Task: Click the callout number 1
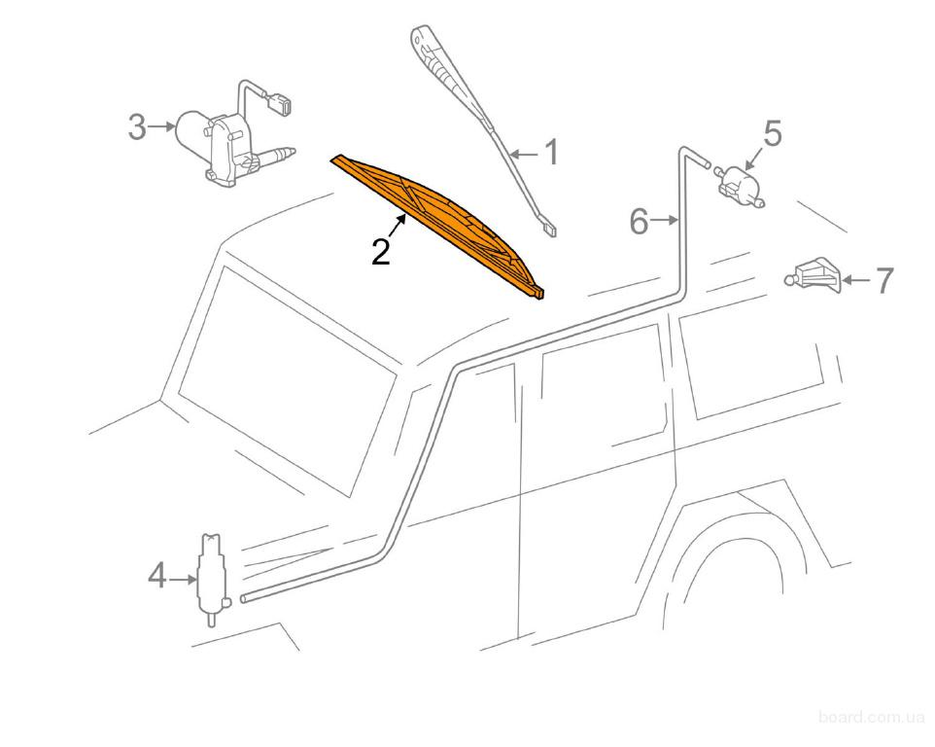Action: (553, 152)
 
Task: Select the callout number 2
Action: (381, 251)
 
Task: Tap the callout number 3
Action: (138, 127)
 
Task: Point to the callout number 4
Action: (156, 577)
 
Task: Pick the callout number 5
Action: (773, 133)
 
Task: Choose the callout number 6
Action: (639, 222)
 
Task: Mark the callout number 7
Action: (883, 280)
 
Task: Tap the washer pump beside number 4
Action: (211, 578)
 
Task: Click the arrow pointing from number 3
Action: (161, 126)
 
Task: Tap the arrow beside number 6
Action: (664, 221)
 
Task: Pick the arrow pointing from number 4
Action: (183, 578)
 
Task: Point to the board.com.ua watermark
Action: (871, 716)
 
